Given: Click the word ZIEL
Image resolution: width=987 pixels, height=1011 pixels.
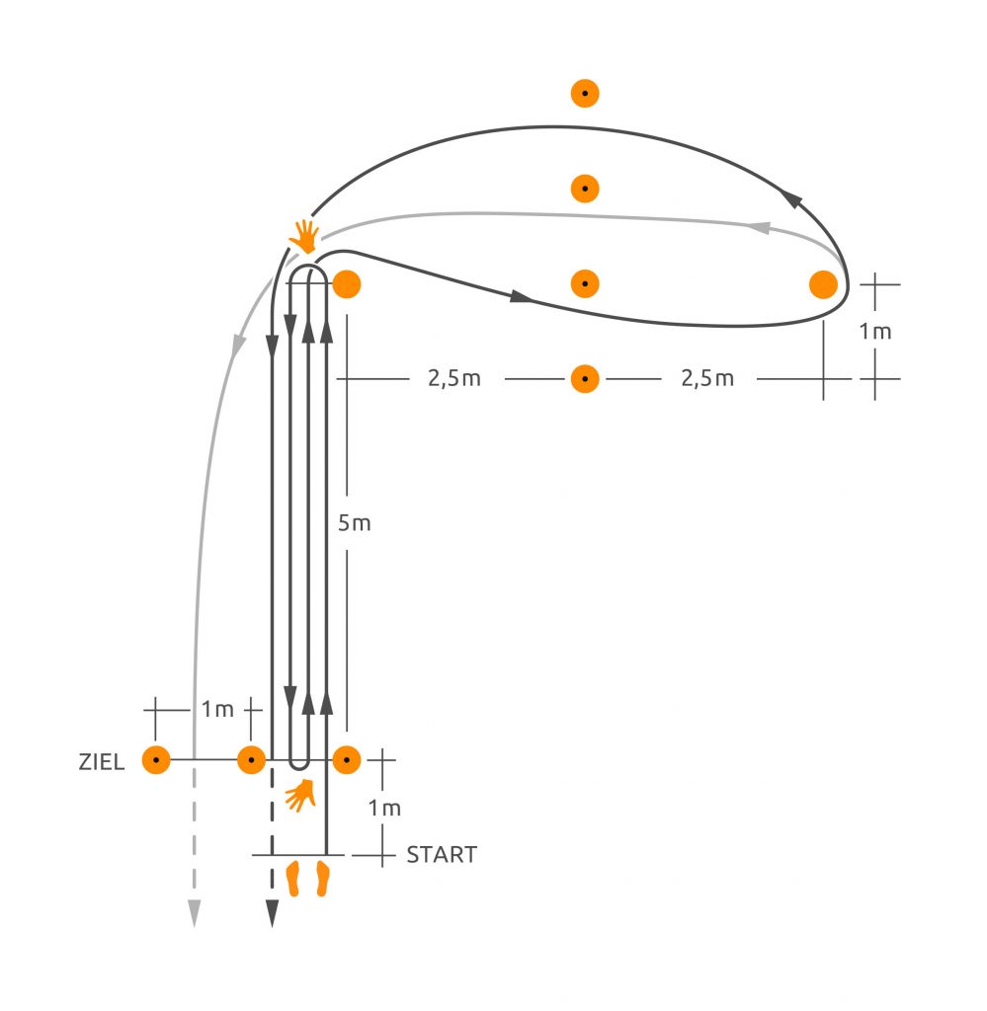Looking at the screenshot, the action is pos(102,762).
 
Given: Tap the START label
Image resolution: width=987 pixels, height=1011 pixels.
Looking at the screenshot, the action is pos(442,855).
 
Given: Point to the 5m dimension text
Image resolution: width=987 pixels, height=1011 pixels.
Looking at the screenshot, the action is pos(354,523).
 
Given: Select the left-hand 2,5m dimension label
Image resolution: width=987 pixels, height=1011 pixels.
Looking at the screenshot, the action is pos(454,378).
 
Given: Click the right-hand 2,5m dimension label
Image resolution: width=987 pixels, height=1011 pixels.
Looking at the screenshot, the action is pos(707,378).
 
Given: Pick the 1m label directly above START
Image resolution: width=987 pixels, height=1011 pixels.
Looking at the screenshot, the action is pos(384,808).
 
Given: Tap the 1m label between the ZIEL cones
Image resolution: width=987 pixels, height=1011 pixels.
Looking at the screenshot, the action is pos(217,709).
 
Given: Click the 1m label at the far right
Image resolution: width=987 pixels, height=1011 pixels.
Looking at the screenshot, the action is pos(875,332).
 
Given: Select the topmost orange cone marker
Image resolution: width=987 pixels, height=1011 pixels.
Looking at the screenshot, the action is pos(585,94).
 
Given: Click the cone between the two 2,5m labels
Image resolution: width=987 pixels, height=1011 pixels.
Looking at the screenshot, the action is pos(585,379).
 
